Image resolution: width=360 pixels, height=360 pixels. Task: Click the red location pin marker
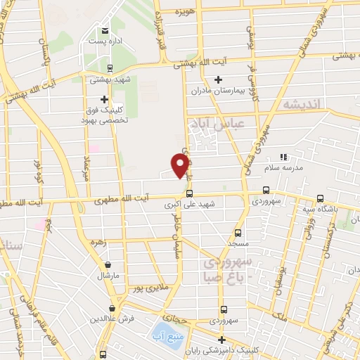click(181, 164)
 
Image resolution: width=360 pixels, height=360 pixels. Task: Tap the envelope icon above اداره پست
click(105, 31)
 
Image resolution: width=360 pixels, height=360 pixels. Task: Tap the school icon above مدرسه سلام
click(284, 156)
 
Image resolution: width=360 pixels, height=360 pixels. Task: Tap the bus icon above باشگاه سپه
click(321, 198)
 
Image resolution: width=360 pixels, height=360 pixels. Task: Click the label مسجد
click(238, 243)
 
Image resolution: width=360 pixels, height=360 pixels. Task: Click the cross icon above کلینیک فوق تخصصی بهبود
click(105, 100)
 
